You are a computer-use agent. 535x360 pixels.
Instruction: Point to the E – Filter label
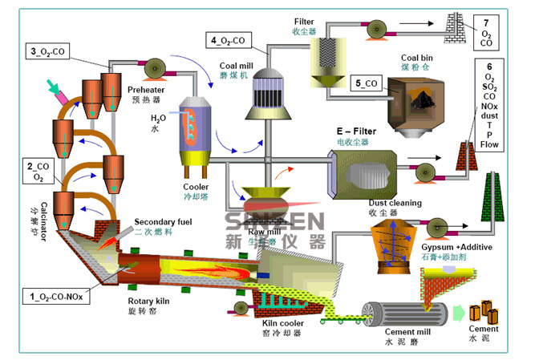[x=354, y=130]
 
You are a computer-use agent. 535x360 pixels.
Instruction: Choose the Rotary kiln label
[x=150, y=302]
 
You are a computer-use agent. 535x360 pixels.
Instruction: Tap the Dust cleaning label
[x=395, y=203]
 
